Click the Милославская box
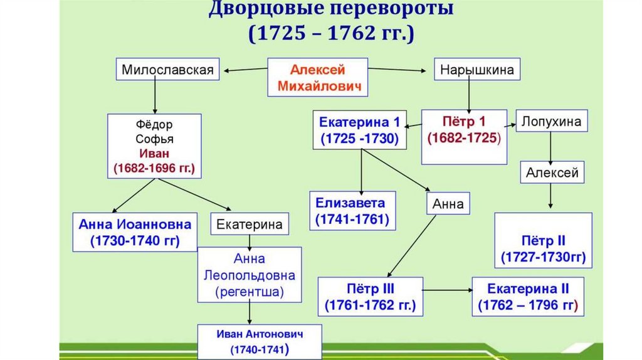pyautogui.click(x=168, y=69)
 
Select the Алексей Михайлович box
pyautogui.click(x=317, y=77)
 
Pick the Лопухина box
pyautogui.click(x=552, y=120)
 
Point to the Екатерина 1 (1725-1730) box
pyautogui.click(x=359, y=130)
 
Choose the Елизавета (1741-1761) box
pyautogui.click(x=352, y=211)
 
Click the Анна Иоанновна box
pyautogui.click(x=135, y=232)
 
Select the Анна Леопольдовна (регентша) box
pyautogui.click(x=250, y=275)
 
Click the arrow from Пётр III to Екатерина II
pyautogui.click(x=447, y=290)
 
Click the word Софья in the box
pyautogui.click(x=154, y=139)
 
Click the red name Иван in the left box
pyautogui.click(x=154, y=154)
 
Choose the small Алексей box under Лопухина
pyautogui.click(x=552, y=173)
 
